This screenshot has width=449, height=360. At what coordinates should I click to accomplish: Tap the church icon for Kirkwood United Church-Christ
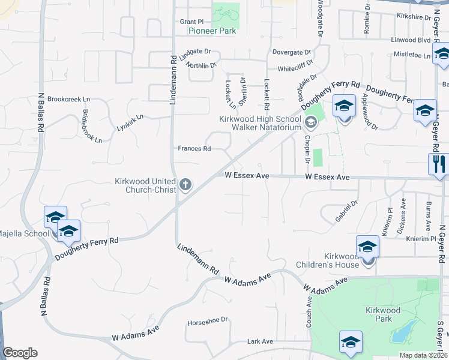185,185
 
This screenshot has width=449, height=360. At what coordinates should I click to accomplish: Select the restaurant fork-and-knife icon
438,163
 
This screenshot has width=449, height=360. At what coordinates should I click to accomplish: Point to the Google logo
20,353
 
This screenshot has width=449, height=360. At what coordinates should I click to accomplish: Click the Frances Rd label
194,149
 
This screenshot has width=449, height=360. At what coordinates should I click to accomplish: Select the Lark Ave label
260,341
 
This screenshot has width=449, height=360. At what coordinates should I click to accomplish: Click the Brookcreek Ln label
68,99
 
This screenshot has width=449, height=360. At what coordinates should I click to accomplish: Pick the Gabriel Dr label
346,211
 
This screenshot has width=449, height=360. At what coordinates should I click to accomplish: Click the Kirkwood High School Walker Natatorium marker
310,123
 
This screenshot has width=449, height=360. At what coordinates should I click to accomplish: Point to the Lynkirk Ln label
130,122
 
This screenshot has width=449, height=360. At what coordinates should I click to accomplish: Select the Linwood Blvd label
411,40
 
